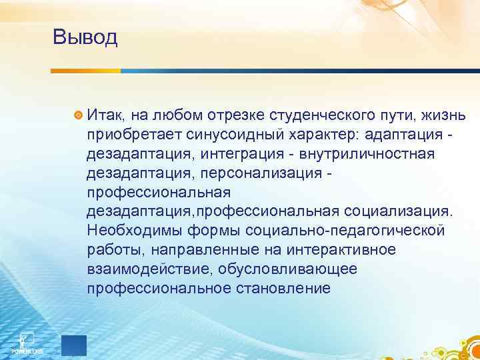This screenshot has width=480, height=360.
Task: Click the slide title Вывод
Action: click(85, 37)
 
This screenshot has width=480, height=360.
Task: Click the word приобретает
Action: click(128, 135)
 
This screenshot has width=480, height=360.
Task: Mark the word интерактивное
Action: click(339, 250)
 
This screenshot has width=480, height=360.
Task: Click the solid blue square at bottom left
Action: click(73, 345)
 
